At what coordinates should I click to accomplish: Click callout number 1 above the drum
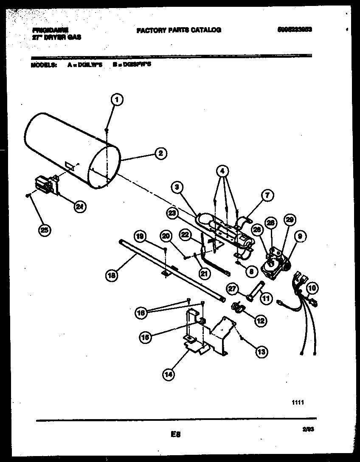click(117, 100)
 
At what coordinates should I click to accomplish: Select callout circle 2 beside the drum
click(160, 153)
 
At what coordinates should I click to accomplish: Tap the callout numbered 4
click(222, 171)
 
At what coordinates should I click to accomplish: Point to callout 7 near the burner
click(267, 196)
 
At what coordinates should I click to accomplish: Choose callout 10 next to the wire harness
click(312, 288)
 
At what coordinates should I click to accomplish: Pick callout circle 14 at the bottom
click(169, 374)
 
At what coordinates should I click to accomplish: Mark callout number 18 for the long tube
click(112, 275)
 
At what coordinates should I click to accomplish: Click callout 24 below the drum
click(79, 207)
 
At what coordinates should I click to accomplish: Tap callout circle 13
click(261, 351)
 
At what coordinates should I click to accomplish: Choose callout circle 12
click(260, 321)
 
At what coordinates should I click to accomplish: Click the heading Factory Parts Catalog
click(178, 30)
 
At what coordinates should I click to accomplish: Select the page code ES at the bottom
click(176, 434)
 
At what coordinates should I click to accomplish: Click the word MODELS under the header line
click(43, 65)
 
